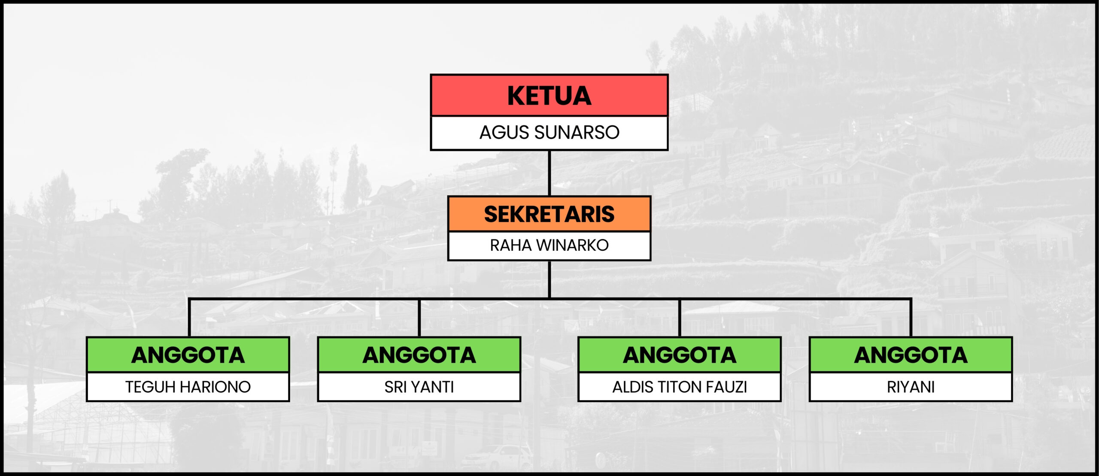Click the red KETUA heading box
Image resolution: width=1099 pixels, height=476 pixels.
[x=549, y=95]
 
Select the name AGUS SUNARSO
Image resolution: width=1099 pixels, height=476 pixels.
[x=549, y=133]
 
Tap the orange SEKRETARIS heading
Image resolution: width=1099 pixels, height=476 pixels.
[x=549, y=214]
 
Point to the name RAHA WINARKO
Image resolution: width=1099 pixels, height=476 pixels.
[x=549, y=246]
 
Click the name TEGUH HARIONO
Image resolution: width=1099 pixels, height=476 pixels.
[x=188, y=387]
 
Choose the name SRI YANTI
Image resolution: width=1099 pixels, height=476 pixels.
[x=419, y=387]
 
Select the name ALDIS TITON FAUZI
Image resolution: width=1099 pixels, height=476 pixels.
[x=680, y=387]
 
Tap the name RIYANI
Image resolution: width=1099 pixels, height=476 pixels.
[x=911, y=387]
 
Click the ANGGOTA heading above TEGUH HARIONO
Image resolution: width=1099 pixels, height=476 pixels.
[x=188, y=355]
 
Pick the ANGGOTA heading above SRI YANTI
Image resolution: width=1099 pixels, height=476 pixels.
[x=419, y=355]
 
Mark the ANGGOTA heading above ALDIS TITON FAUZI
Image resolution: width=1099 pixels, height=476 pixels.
[x=680, y=355]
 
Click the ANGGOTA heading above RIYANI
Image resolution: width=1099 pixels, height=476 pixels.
[x=911, y=355]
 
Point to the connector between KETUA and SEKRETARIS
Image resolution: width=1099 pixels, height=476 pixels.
[x=549, y=173]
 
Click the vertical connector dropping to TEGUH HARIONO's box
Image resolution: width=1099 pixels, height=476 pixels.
[x=189, y=318]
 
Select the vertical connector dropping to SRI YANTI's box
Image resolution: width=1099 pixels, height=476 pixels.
[x=419, y=318]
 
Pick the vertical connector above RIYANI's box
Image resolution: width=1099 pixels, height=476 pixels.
[x=911, y=318]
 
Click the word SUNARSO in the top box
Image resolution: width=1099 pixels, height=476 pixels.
[x=577, y=133]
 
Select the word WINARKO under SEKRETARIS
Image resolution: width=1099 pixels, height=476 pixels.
[x=572, y=246]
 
